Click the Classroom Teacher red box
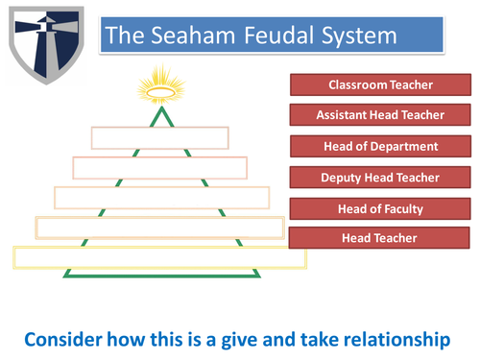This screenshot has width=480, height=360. (380, 84)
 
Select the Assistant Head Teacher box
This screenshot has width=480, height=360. (380, 115)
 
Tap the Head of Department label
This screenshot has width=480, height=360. (380, 146)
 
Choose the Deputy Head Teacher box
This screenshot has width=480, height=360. (380, 177)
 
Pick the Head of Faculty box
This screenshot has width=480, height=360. (380, 207)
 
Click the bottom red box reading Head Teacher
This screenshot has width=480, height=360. (380, 237)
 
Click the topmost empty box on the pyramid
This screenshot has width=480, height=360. (159, 136)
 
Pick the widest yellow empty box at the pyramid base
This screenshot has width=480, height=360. (158, 256)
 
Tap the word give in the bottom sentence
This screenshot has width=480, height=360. (222, 340)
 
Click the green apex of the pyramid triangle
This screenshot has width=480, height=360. (160, 107)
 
